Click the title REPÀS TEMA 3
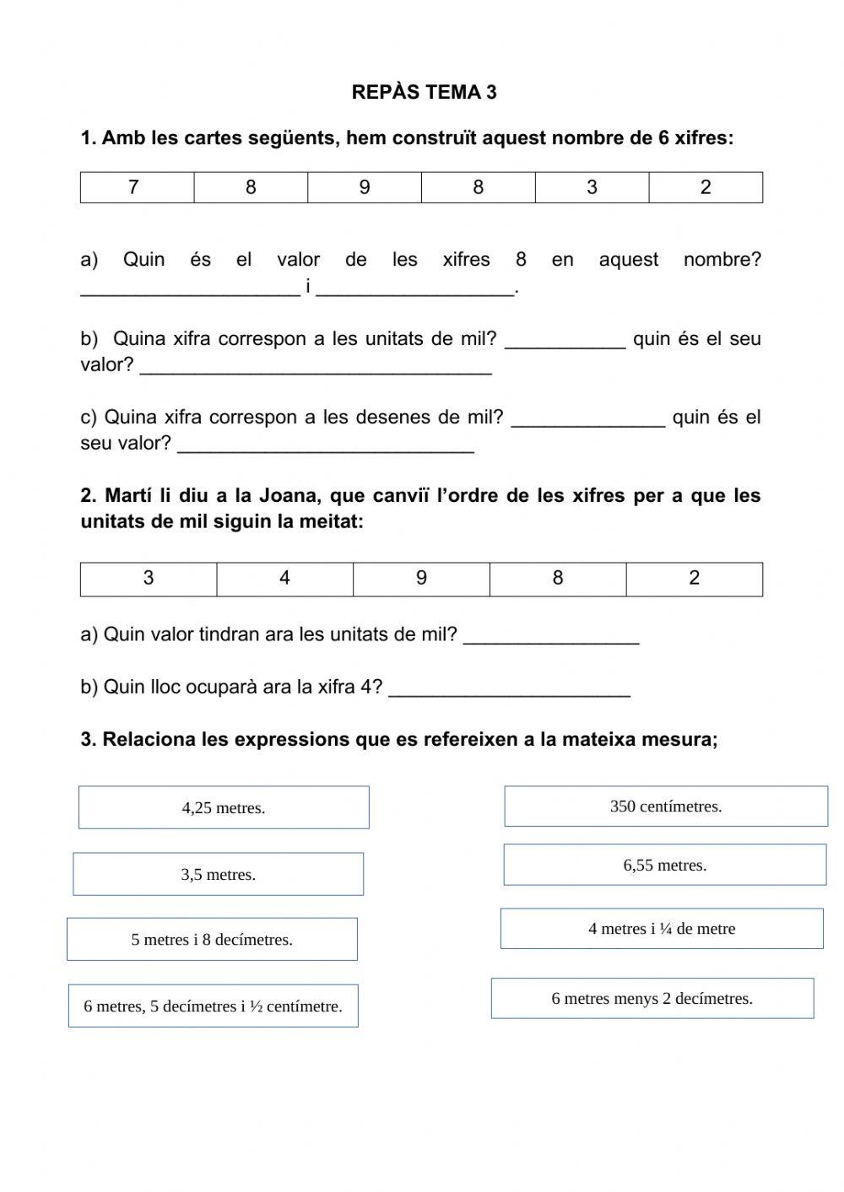(424, 93)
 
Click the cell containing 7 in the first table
(137, 187)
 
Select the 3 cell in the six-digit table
(592, 187)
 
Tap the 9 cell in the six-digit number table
(365, 187)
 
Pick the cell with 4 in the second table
(284, 579)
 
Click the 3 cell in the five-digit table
(149, 579)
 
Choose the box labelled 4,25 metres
(224, 807)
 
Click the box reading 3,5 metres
(218, 874)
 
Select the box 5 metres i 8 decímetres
(212, 939)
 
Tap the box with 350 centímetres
(666, 806)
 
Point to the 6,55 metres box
(665, 865)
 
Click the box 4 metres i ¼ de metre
(662, 928)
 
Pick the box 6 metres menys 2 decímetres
(652, 998)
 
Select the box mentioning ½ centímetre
(214, 1006)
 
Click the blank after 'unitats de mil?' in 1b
(565, 341)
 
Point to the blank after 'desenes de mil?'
(588, 419)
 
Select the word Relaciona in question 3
(149, 740)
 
